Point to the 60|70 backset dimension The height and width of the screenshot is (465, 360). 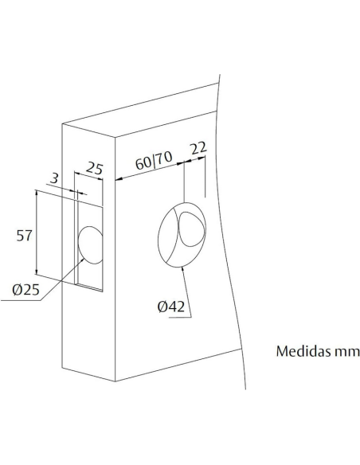click(153, 163)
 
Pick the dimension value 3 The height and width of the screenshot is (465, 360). click(53, 180)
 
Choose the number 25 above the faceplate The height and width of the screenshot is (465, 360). click(95, 169)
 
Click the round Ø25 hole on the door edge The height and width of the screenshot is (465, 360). click(90, 244)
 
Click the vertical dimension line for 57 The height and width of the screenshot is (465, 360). click(38, 235)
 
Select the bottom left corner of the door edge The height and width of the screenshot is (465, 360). click(64, 365)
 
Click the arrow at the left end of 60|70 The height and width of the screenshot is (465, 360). click(118, 178)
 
